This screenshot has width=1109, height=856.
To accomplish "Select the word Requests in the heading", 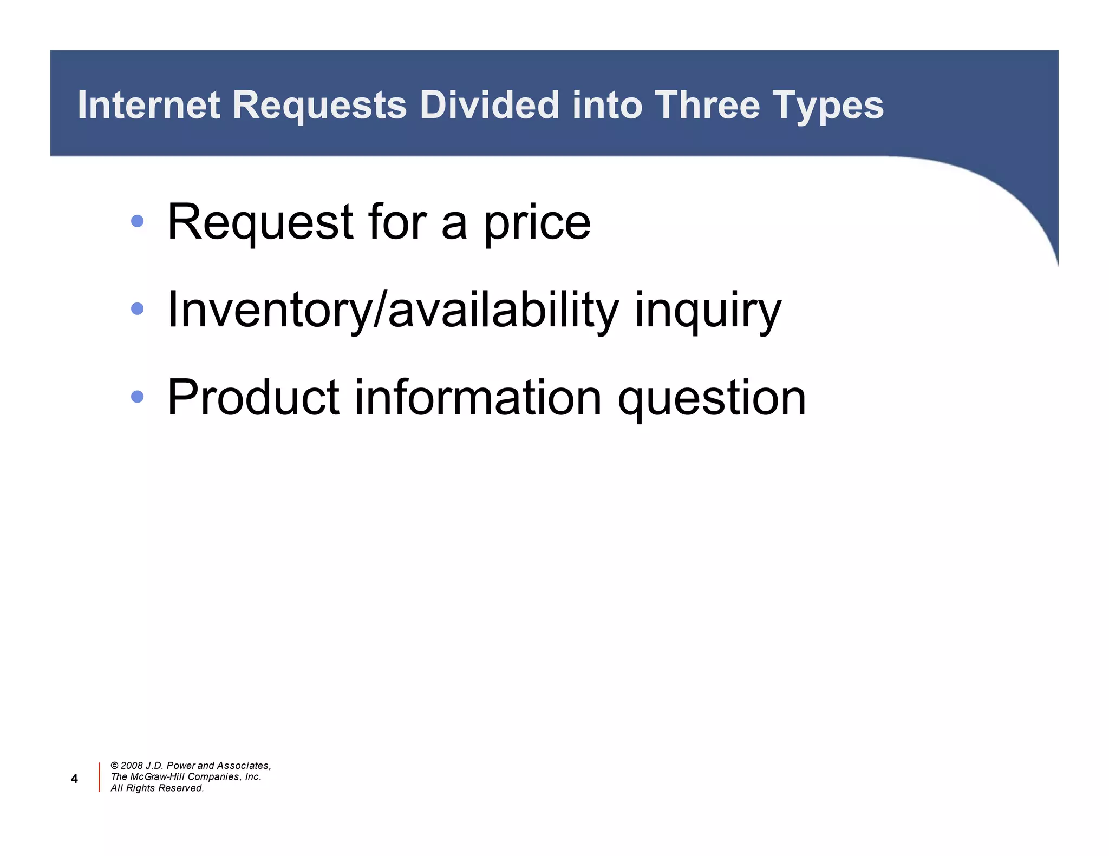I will (319, 106).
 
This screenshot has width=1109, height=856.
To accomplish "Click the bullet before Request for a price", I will (138, 221).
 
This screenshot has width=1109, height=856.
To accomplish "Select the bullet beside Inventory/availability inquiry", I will (138, 308).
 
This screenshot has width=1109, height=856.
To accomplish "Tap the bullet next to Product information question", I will (138, 397).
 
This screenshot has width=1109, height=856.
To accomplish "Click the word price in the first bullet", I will (537, 223).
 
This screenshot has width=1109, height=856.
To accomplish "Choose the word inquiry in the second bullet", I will (708, 311).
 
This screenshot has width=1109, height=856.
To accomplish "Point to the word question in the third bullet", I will (712, 399).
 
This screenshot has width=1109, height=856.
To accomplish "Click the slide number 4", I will (74, 779).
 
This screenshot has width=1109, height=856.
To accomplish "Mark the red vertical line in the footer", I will (99, 777).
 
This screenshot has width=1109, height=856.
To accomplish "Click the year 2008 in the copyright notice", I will (132, 766).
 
